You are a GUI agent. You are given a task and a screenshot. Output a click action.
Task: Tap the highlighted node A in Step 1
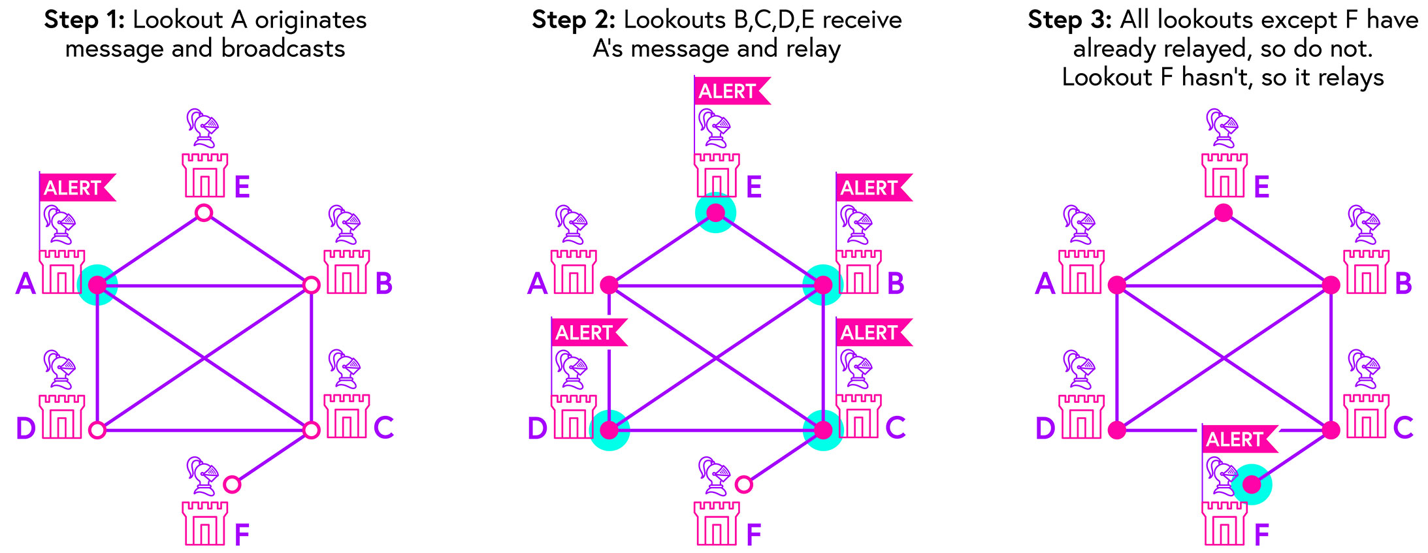coord(97,285)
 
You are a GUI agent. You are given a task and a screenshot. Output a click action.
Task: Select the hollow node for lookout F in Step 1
coord(232,484)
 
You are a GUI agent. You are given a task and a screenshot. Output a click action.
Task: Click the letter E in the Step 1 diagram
coord(242,187)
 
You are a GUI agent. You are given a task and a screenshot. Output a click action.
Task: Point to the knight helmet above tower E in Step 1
coord(203,127)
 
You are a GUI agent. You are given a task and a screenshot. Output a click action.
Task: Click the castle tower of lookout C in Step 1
coord(347,416)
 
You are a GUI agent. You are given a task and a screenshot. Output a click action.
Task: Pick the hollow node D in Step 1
coord(97,430)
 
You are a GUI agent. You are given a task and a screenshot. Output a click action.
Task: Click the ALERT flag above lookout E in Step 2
coord(728,91)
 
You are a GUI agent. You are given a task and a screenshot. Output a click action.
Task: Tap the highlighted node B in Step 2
coord(823,285)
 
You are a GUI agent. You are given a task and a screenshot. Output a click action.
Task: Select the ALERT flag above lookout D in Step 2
coord(585,333)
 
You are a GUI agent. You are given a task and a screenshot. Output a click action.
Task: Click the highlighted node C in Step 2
coord(823,430)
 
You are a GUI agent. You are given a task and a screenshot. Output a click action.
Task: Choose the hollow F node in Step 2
coord(743,484)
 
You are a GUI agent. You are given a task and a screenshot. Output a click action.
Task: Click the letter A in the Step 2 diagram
coord(537,284)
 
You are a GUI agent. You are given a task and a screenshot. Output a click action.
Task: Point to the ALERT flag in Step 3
coord(1236,439)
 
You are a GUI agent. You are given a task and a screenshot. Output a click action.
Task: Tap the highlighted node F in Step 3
coord(1252,484)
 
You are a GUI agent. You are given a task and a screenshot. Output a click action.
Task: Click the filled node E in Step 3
coord(1224,213)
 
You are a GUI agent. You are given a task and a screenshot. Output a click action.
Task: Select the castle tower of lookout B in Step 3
coord(1366,272)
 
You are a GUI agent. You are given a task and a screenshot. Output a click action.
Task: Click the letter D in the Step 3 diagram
coord(1045,428)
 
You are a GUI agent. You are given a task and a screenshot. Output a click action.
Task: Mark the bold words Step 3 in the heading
coord(1069,20)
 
